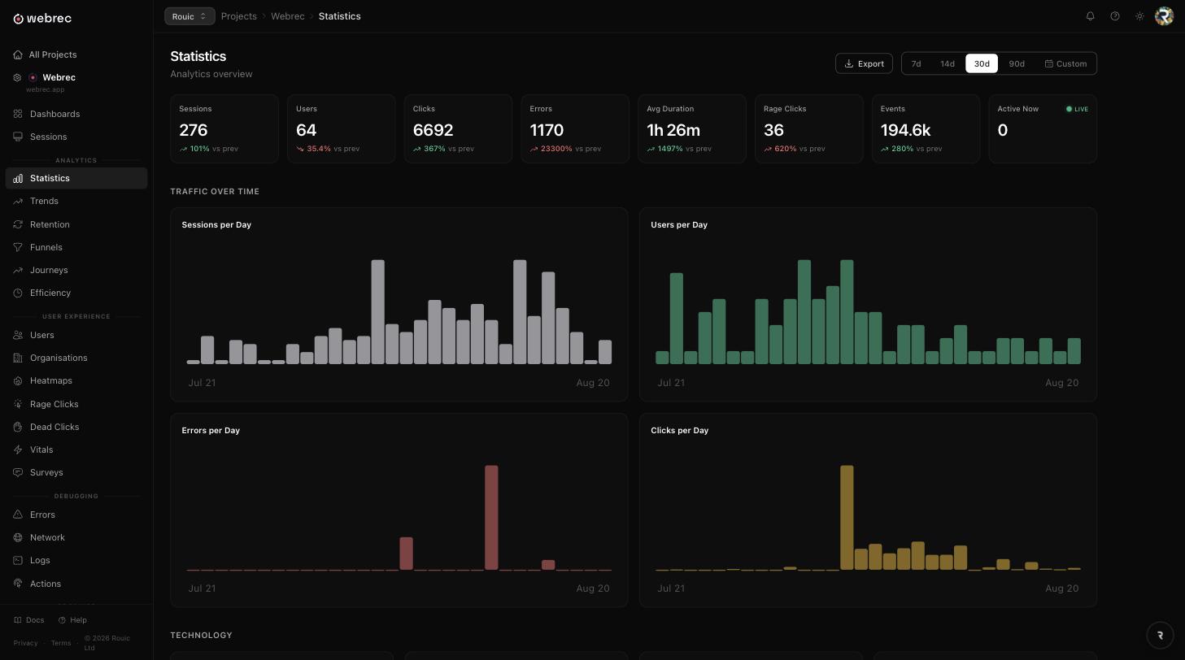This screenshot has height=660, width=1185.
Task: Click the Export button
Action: [864, 63]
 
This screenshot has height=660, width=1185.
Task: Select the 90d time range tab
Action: [1017, 63]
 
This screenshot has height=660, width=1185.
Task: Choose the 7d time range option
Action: [917, 63]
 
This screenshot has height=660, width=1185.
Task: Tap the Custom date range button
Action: [1065, 63]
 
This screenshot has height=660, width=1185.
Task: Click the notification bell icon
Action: [1091, 16]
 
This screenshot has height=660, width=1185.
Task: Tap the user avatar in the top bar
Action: [1164, 16]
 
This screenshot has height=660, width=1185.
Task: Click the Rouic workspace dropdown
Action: [190, 16]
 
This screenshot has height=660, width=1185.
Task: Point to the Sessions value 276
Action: [193, 130]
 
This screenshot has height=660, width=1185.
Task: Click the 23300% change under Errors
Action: [556, 149]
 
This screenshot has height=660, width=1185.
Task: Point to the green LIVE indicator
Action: [1077, 109]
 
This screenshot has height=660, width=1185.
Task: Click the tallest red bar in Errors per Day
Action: [491, 517]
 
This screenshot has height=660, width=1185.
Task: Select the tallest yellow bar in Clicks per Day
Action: [847, 517]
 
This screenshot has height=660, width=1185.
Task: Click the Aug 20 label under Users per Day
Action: [1061, 382]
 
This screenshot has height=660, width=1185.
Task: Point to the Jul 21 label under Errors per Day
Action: [202, 588]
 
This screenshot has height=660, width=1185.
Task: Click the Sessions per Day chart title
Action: [216, 225]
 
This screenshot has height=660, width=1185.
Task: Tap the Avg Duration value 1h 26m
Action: [673, 130]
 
